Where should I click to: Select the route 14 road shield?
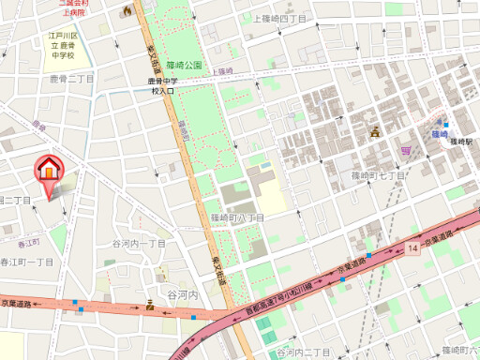(x=412, y=247)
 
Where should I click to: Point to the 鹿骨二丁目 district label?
(x=71, y=79)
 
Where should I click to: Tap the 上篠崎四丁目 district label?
(x=279, y=19)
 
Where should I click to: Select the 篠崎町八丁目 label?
(x=237, y=217)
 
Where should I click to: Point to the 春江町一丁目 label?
(x=26, y=262)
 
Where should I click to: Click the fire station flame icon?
(x=127, y=10)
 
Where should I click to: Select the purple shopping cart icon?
(x=404, y=150)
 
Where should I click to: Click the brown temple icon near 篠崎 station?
(x=374, y=131)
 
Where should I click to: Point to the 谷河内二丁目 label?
(x=303, y=352)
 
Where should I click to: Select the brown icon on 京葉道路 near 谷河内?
(x=150, y=304)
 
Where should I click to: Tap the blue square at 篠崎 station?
(x=446, y=125)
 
